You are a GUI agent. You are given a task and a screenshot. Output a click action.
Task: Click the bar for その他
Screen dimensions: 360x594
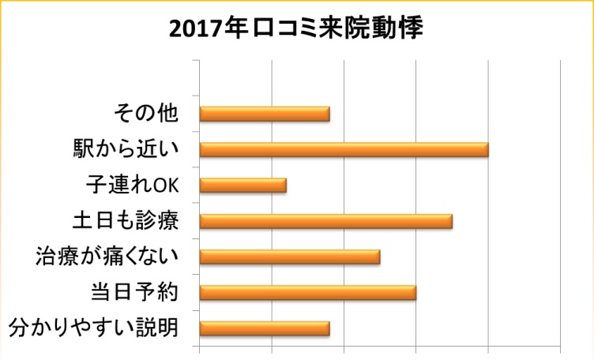(x=265, y=114)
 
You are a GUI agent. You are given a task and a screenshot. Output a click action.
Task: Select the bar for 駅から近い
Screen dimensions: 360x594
(x=344, y=149)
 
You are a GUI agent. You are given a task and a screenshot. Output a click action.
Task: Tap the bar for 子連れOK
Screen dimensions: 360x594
(x=243, y=186)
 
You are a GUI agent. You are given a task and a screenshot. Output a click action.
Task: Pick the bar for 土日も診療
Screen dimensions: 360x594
(x=326, y=221)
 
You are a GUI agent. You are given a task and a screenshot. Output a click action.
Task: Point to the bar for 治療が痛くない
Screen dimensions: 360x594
(x=290, y=257)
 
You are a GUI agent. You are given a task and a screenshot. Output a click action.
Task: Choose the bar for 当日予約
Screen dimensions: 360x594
(x=308, y=293)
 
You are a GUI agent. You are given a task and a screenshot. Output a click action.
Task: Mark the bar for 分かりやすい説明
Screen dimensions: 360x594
(x=265, y=328)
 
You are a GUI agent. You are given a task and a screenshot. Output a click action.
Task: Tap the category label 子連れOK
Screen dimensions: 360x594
(x=133, y=186)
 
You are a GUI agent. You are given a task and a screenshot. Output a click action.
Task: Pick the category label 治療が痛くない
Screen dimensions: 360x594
(x=107, y=257)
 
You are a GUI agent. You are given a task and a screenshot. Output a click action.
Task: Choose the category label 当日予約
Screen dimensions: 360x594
(x=133, y=293)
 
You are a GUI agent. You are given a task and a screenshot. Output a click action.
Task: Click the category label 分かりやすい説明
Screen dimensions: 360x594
(x=92, y=328)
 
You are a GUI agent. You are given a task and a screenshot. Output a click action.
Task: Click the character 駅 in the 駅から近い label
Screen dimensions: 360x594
(x=82, y=149)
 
